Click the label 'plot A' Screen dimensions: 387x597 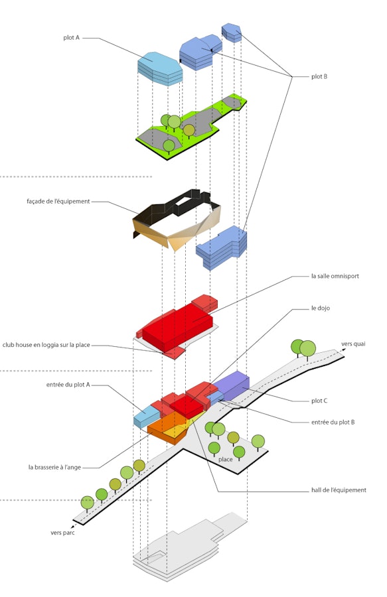[72, 38]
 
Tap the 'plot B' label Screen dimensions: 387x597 [319, 76]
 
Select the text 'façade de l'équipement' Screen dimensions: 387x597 [58, 202]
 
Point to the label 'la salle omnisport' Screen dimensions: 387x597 [335, 276]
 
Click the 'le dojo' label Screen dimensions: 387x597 [321, 308]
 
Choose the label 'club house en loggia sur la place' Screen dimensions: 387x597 [46, 345]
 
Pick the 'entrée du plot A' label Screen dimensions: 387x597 [68, 385]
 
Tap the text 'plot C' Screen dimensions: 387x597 [319, 401]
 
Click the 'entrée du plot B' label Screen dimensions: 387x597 [333, 423]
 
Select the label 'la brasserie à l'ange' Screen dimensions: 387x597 [54, 467]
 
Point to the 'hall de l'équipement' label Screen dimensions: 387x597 [339, 490]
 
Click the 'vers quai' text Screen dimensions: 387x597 [353, 344]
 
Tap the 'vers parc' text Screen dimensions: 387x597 [62, 533]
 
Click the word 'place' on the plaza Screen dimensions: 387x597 [226, 459]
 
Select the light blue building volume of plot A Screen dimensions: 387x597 [160, 68]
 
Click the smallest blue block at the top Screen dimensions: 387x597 [232, 33]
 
